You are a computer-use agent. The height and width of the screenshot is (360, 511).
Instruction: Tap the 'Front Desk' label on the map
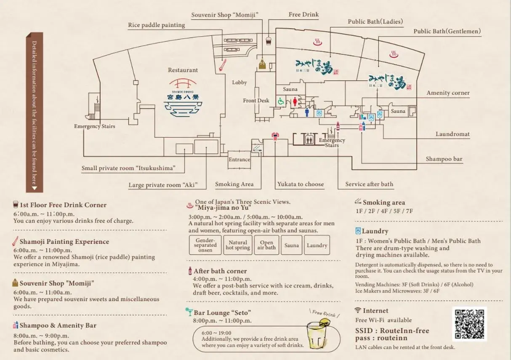[256, 101]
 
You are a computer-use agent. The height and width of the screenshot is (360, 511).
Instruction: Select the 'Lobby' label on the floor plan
[239, 83]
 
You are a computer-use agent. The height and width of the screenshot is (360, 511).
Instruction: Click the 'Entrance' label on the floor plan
[239, 160]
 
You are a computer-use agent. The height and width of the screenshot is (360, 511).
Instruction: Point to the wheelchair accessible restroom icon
[281, 101]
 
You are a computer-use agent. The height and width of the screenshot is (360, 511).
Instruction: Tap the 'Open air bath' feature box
[266, 245]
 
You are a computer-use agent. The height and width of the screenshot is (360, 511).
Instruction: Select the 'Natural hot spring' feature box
[238, 245]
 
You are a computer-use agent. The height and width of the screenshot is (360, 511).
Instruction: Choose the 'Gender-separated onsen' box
[205, 245]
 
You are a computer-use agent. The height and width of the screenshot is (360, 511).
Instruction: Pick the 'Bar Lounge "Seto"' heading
[222, 312]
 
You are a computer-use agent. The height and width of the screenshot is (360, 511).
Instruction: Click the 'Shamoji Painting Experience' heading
[64, 242]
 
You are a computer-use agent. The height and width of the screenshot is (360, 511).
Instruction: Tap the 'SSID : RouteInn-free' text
[392, 331]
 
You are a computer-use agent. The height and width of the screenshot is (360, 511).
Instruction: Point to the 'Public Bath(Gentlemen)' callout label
[447, 31]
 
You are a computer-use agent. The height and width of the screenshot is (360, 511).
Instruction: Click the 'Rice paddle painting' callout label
[156, 25]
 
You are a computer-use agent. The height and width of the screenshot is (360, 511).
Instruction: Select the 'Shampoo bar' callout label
[444, 159]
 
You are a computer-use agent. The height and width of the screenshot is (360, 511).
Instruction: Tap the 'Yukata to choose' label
[300, 184]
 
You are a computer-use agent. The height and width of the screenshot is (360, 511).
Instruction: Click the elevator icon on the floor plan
[309, 139]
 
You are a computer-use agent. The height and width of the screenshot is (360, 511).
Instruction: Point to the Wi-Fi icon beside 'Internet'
[358, 310]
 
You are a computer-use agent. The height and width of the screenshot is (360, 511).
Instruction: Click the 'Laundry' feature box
[317, 245]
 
